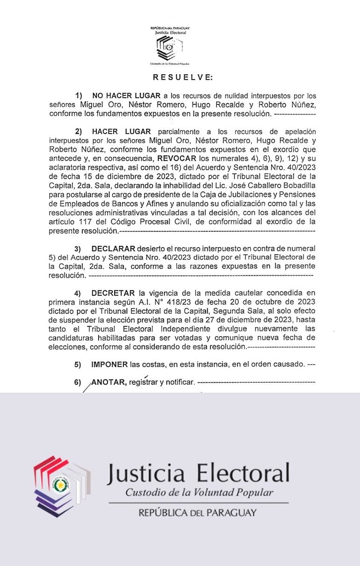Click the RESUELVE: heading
[x=182, y=77]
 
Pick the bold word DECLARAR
[x=114, y=248]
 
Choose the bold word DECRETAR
[x=114, y=293]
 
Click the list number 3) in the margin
[x=78, y=249]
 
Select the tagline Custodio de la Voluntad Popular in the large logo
[x=199, y=493]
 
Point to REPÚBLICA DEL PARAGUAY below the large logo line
[x=197, y=513]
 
